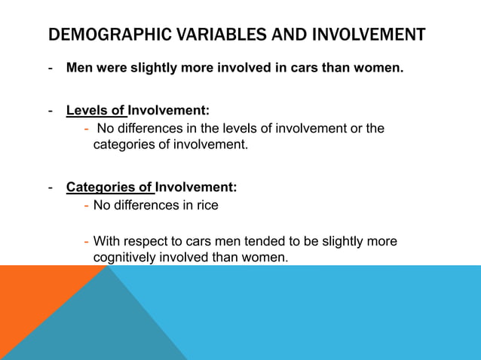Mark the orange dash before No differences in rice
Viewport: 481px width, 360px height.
point(87,205)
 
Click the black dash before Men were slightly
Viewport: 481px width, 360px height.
point(50,69)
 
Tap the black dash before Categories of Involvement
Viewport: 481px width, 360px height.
point(50,187)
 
